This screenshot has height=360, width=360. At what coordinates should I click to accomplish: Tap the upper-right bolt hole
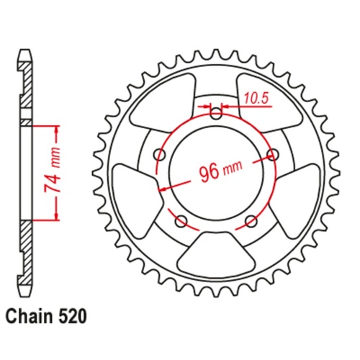tap(273, 153)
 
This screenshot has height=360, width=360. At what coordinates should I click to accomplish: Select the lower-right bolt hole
tap(251, 220)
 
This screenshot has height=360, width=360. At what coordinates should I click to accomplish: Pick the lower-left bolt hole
tap(180, 220)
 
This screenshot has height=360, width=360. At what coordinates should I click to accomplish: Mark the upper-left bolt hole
tap(158, 153)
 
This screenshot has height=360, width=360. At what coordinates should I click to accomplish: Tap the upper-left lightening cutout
tap(166, 100)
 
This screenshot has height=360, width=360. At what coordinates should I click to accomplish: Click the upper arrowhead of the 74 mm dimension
tap(55, 129)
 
